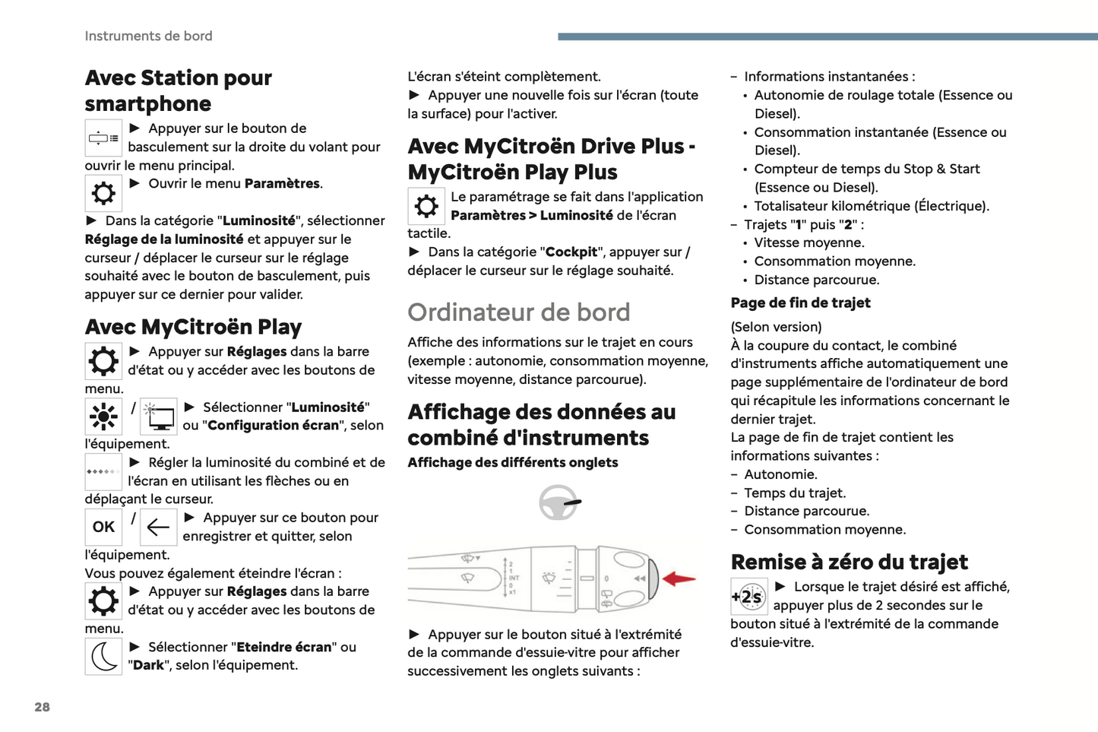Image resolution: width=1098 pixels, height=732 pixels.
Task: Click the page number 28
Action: (42, 707)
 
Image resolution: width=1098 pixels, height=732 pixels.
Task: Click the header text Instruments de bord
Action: (148, 36)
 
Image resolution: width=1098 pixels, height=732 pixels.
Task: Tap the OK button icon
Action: (103, 527)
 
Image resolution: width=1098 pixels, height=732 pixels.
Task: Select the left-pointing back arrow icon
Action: (158, 527)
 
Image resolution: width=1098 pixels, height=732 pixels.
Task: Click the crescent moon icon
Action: (103, 656)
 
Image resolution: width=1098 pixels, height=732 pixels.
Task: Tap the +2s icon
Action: (749, 597)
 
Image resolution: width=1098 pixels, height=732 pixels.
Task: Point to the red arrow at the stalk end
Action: (679, 579)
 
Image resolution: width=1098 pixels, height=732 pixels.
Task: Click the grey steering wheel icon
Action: (559, 502)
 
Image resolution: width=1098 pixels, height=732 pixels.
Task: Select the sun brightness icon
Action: (103, 417)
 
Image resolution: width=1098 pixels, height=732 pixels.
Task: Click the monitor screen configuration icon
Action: (159, 417)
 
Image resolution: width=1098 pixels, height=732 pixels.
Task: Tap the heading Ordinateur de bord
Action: (519, 312)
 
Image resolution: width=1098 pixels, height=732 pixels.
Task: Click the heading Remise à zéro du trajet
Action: (849, 562)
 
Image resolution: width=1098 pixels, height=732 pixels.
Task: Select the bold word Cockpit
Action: (571, 252)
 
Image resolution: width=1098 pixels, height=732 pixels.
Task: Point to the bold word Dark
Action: (148, 665)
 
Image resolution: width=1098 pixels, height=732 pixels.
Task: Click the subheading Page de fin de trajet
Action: (800, 303)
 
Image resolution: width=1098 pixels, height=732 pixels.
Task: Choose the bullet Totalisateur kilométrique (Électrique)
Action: (871, 206)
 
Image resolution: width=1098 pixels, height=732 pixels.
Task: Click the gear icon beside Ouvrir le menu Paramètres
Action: (103, 193)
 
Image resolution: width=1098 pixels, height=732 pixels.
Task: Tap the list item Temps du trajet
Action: (794, 493)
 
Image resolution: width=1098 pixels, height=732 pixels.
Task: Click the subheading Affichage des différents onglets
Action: (513, 462)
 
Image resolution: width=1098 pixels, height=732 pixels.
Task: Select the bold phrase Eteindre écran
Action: (284, 647)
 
